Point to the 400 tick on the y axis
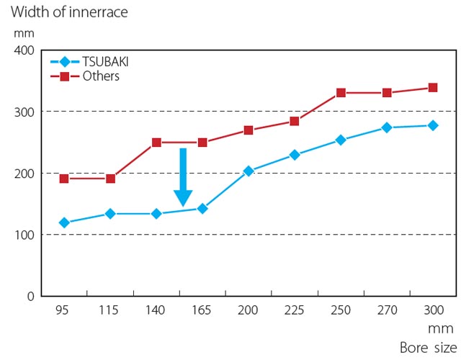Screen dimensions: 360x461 (x=24, y=50)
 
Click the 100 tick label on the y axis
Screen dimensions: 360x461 (x=24, y=235)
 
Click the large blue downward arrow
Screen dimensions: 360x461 (x=183, y=177)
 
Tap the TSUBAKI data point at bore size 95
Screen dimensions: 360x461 (x=64, y=222)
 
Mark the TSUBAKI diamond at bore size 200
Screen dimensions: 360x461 (x=249, y=171)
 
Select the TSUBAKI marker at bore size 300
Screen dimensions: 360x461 (x=433, y=125)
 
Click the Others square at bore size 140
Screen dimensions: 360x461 (x=156, y=143)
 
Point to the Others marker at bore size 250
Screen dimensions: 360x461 (x=341, y=93)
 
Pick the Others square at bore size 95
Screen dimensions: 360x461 (x=64, y=179)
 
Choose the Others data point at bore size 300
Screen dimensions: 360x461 (x=433, y=88)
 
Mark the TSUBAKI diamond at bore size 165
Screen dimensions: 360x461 (x=202, y=208)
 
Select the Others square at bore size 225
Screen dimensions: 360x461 (x=295, y=121)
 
